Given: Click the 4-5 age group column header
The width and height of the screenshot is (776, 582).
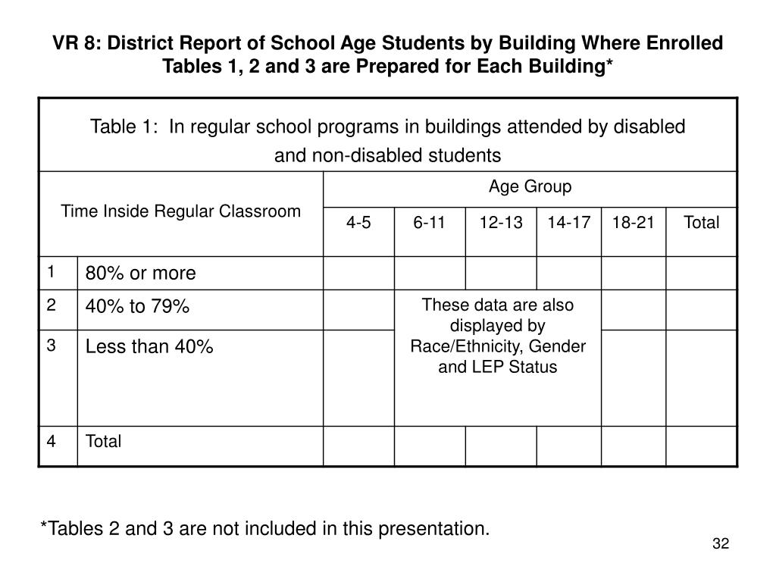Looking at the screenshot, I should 358,223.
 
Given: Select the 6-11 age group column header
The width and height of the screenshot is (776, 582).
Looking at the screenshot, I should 429,223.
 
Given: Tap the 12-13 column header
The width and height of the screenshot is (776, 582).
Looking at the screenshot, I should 500,223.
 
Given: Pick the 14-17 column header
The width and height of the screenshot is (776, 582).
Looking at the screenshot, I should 568,223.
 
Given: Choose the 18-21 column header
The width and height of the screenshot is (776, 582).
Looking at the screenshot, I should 634,223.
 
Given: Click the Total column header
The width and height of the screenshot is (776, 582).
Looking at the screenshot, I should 701,223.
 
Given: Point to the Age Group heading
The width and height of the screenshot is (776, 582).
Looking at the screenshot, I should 530,186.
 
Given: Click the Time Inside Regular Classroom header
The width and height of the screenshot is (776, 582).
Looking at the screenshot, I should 181,211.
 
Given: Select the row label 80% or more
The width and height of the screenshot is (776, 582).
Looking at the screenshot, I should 140,274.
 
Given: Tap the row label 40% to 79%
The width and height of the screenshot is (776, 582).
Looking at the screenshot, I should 137,307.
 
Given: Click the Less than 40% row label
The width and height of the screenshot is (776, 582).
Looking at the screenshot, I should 149,347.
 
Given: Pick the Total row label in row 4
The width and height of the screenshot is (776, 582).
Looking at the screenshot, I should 103,442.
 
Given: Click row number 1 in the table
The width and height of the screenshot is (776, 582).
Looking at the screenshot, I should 51,271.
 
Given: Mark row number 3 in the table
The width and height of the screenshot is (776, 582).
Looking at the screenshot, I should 51,345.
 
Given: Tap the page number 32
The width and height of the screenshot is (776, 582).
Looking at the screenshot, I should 720,544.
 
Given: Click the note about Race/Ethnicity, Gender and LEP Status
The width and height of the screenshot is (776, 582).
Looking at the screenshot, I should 498,336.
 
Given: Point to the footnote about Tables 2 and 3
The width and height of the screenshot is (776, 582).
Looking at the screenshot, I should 264,527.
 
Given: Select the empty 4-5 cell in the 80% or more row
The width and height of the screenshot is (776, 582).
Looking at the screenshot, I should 358,274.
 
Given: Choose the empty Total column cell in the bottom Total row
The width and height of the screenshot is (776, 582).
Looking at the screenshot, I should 701,446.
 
